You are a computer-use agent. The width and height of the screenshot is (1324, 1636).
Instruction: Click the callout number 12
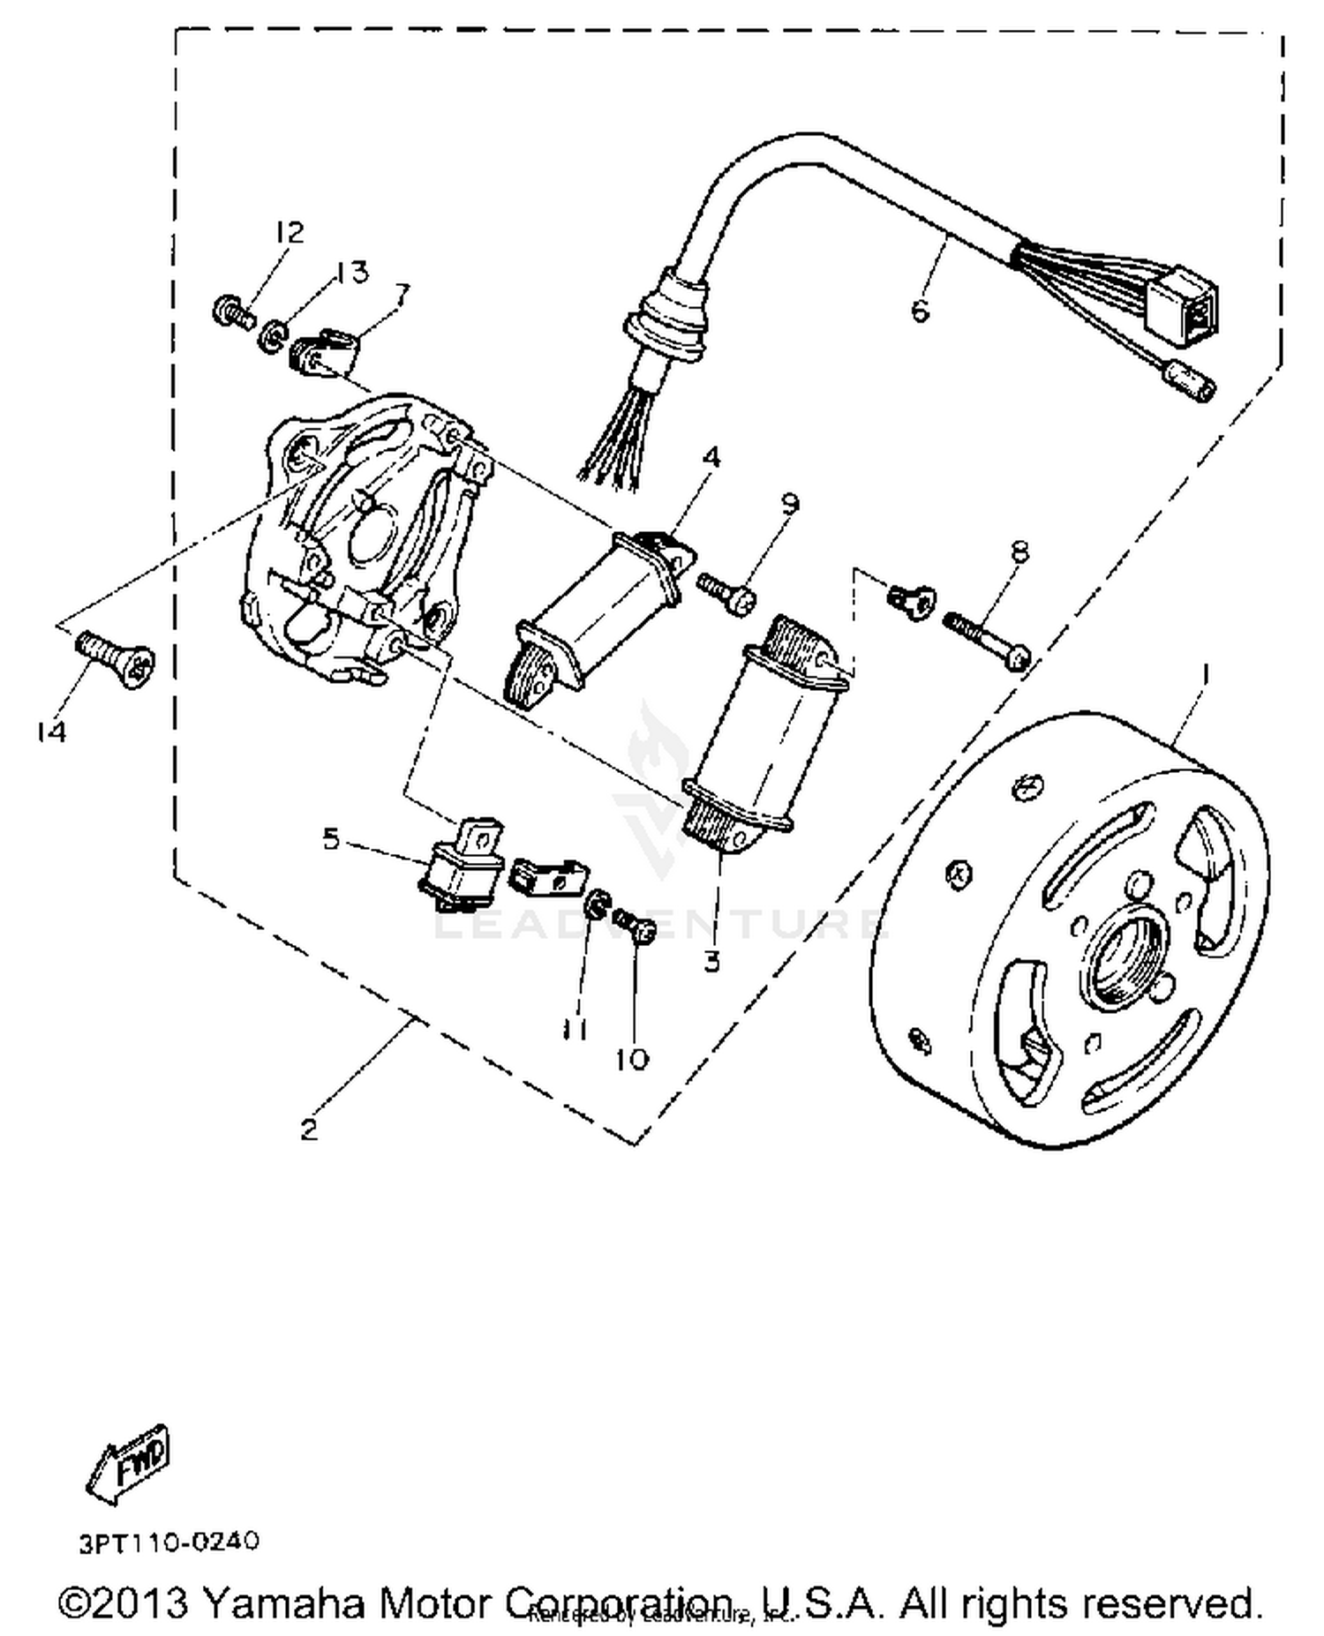pos(289,232)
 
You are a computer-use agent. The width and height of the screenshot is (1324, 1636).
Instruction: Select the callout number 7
pos(402,293)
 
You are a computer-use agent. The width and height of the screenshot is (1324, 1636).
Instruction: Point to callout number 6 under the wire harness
pos(919,311)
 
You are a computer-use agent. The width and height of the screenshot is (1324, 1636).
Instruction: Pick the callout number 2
pos(308,1129)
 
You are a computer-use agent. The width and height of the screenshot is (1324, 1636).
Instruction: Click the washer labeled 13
pos(273,335)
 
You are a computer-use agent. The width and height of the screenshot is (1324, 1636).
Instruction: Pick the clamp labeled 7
pos(323,355)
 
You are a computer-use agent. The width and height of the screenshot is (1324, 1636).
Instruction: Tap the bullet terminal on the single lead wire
pos(1187,384)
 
